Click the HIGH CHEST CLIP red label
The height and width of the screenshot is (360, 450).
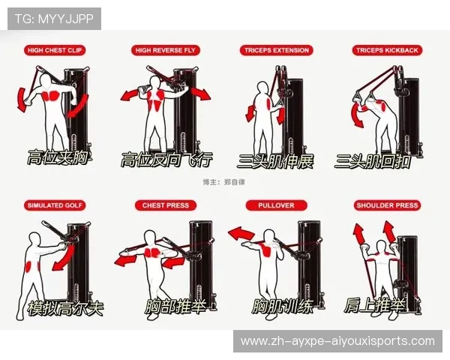55,50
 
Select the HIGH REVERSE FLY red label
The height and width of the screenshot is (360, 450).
166,50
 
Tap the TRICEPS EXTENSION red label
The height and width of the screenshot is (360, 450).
276,50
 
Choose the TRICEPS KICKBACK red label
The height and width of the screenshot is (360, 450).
387,50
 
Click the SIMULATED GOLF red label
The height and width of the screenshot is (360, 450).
55,205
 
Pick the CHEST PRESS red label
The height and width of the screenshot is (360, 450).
166,205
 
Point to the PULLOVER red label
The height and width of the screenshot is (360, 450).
276,205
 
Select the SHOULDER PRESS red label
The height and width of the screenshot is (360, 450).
387,205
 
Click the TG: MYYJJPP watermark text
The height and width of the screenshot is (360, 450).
54,19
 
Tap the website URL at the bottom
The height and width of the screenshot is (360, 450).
337,341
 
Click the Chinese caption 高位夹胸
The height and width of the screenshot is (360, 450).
58,157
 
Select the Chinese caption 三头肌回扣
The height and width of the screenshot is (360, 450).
373,161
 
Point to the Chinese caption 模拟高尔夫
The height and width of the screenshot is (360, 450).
65,308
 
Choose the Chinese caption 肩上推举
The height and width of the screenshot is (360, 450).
375,305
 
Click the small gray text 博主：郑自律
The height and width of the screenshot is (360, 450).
223,182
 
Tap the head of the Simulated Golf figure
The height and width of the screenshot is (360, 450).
35,239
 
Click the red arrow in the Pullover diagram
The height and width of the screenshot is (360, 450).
241,233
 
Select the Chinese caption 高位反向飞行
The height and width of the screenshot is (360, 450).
166,160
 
